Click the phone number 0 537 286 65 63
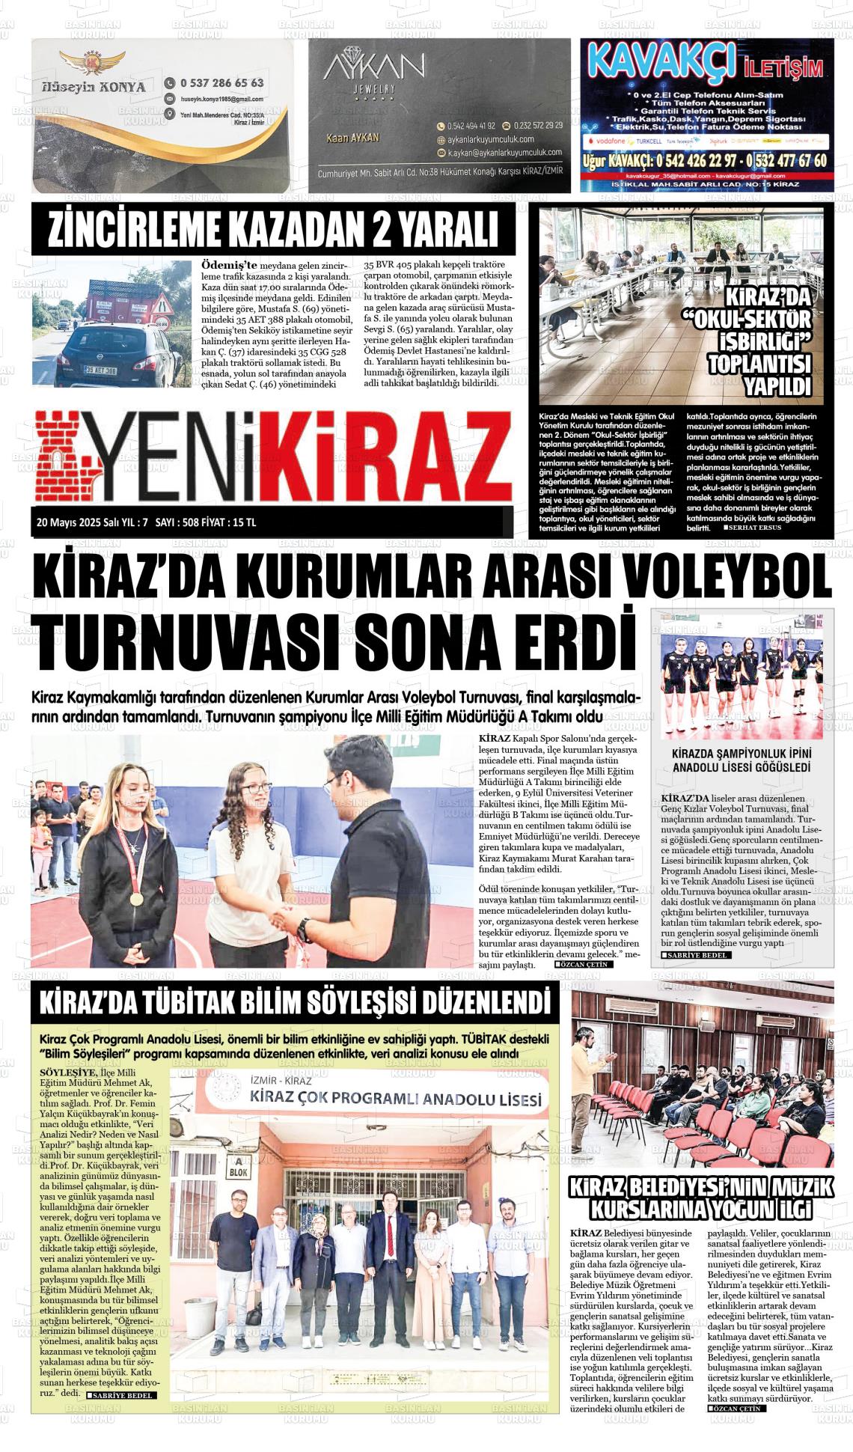point(221,83)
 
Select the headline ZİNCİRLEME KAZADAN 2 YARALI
point(272,230)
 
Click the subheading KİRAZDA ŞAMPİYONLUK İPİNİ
point(742,754)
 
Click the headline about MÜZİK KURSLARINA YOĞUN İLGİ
point(701,1198)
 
